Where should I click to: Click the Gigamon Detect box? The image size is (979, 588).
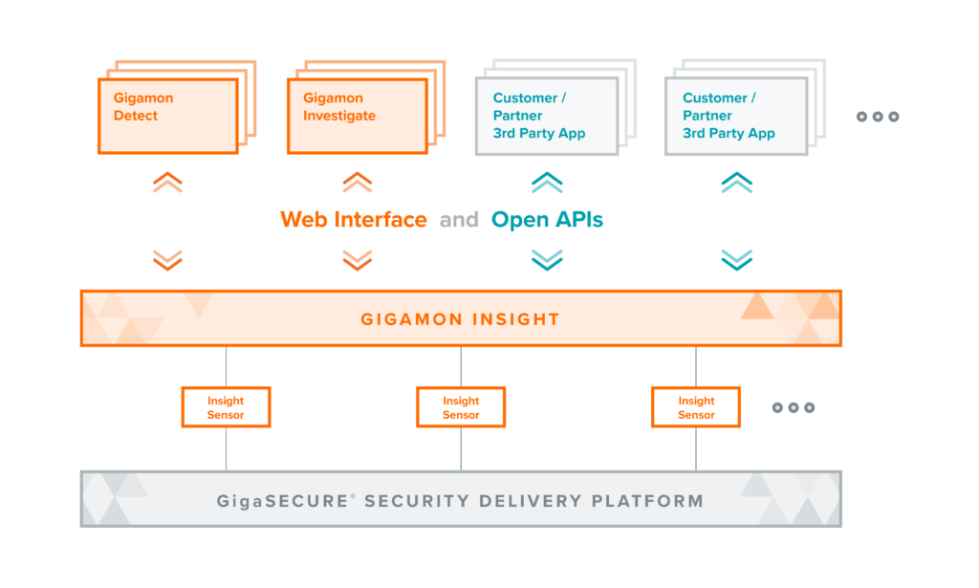167,115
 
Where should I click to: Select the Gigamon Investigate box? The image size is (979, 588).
358,115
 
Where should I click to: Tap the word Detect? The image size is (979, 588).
136,116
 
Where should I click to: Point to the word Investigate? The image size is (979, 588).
339,116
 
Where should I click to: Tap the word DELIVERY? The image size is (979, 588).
522,501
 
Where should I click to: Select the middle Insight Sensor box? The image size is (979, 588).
461,407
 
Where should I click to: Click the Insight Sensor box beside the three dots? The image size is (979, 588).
696,407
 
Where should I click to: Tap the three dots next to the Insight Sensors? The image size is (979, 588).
793,408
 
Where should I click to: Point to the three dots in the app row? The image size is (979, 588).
878,117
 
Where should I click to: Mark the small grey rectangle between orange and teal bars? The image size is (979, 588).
451,220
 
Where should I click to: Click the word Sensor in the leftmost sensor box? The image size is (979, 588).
226,415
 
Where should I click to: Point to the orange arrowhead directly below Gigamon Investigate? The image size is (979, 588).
366,182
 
